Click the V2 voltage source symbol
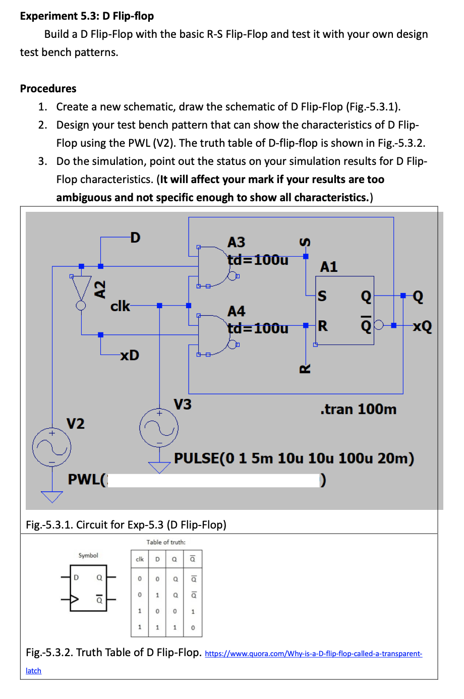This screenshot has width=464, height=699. tap(51, 447)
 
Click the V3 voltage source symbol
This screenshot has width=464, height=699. tap(159, 428)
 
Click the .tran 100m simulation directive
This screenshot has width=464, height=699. tap(358, 409)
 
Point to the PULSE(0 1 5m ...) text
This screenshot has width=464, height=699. tap(294, 458)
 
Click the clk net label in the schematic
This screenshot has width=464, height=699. tap(120, 306)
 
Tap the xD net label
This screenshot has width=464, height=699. tap(130, 355)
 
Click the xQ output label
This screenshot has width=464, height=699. tap(422, 326)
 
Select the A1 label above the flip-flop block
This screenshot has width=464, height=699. tap(329, 267)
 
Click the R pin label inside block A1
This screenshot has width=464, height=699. tap(323, 326)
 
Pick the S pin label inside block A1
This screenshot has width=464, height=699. tap(322, 296)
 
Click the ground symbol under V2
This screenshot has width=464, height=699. tap(51, 496)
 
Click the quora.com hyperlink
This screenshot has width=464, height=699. tap(313, 654)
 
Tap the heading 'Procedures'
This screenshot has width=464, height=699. tap(48, 89)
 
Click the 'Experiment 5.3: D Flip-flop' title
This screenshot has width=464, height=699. tap(87, 16)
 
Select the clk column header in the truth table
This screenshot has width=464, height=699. tap(140, 559)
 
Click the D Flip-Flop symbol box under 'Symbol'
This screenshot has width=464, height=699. tap(88, 588)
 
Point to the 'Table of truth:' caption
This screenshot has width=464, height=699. tap(166, 542)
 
